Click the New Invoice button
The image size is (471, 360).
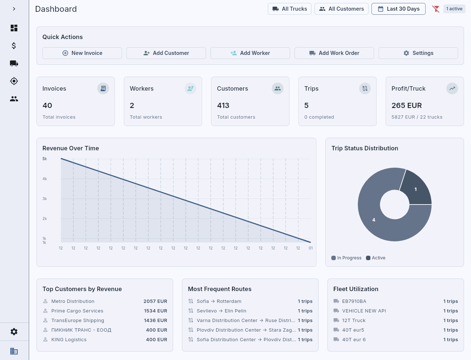82,53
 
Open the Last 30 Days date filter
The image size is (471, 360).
398,9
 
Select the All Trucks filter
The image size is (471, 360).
290,9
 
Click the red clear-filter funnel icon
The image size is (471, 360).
436,9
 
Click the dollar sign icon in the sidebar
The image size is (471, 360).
14,46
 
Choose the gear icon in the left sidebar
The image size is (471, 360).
14,332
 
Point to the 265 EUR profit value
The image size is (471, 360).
406,105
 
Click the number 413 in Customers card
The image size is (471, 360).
223,105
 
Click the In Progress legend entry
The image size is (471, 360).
346,258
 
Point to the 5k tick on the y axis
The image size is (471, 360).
45,159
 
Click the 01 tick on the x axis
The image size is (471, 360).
311,248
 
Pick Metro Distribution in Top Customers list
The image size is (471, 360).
73,301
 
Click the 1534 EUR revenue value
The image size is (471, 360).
155,311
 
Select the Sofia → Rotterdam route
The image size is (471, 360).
219,301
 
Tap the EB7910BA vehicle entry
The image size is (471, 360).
354,301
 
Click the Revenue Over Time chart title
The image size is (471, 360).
70,148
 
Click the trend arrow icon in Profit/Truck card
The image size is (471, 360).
452,88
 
